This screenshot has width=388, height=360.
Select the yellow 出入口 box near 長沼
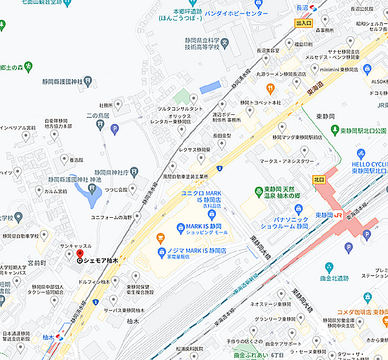(x=303, y=23)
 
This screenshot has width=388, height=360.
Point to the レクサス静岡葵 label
(x=195, y=149)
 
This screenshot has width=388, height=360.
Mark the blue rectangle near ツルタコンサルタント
(x=210, y=87)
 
